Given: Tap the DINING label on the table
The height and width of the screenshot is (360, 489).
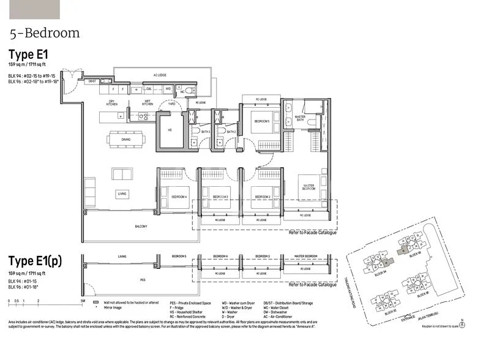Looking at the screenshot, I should tap(125, 139).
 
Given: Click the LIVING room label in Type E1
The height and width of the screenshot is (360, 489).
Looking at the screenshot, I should tap(122, 194).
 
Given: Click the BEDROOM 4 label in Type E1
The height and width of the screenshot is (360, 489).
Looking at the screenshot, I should tap(178, 196).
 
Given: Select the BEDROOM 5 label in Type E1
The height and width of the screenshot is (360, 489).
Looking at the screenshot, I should tap(263, 121).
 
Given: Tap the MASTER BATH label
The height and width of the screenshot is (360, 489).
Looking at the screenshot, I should tap(300, 118).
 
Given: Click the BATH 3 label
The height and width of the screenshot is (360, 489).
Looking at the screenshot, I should tap(206, 132).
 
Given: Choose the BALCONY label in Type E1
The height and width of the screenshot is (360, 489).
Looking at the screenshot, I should tap(141, 227).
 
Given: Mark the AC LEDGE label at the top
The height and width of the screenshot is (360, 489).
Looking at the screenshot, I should tap(160, 76).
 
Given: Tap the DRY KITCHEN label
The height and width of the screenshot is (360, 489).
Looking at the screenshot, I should tap(112, 103).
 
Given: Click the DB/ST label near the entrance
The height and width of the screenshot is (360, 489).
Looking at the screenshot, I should tap(92, 81).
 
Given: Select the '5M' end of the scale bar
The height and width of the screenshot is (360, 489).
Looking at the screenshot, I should tap(82, 301).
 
